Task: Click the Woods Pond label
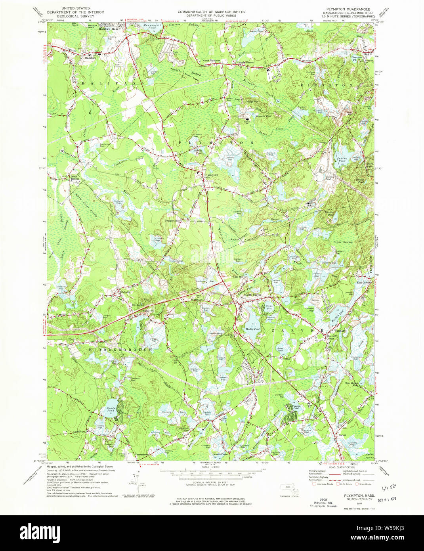(110, 409)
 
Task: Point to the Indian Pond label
(342, 160)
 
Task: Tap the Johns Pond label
(280, 349)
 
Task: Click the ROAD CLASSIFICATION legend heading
(340, 468)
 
